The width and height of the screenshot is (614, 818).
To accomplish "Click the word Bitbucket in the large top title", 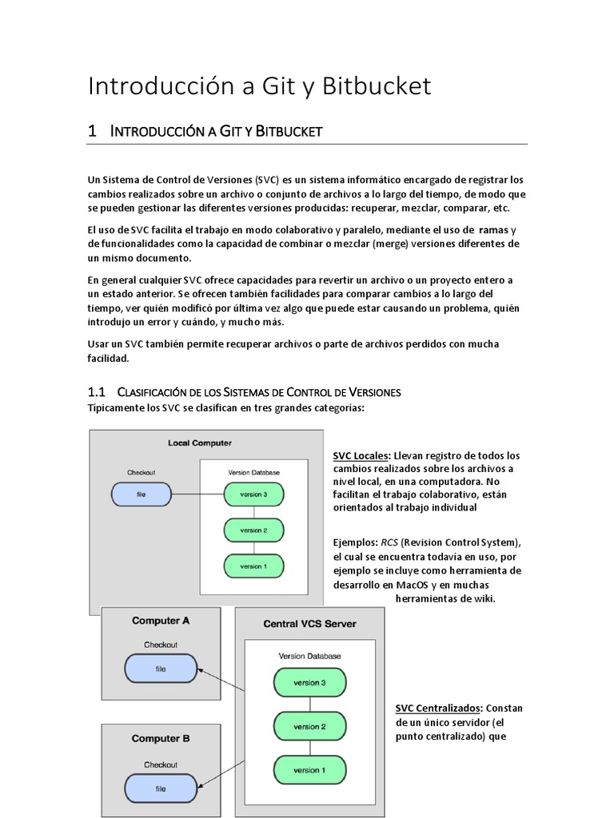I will pos(377,86).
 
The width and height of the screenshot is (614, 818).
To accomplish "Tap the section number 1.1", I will pos(97,392).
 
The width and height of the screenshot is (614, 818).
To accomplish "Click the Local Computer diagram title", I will pos(200,443).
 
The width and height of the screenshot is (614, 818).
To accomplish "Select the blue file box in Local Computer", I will pos(141,495).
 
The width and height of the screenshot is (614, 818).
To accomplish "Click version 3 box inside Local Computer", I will pos(253,495).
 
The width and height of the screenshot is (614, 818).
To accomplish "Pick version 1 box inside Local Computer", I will pos(253,566).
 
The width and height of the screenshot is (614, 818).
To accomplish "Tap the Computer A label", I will pos(161,621).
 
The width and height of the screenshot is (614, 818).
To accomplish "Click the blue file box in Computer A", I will pos(161,669).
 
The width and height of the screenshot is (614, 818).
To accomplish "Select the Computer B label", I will pos(161,739).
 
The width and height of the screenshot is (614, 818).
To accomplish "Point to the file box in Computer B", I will pos(161,788).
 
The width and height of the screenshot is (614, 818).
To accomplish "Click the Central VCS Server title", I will pos(309,624).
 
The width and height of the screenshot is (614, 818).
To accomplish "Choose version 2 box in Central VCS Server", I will pos(309,727).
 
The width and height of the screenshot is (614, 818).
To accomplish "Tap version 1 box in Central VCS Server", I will pos(309,770).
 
